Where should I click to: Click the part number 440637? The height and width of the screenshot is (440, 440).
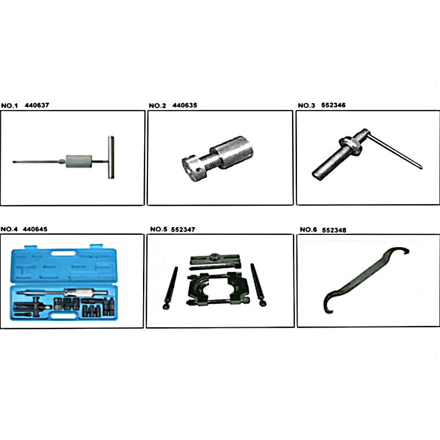point(37,105)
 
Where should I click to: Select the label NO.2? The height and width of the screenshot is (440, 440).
point(157,106)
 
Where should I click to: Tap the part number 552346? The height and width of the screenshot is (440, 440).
point(333,105)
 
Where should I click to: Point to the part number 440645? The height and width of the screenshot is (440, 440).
point(35,229)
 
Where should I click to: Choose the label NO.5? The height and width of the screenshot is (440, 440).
point(158,229)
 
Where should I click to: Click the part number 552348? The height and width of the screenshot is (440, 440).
point(334,230)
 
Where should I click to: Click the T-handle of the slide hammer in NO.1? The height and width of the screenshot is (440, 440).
point(111,157)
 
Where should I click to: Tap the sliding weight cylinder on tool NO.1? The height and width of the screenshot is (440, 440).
point(79,161)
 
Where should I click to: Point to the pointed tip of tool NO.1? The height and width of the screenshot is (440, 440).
point(13,162)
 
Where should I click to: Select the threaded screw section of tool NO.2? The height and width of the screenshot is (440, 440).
point(211,163)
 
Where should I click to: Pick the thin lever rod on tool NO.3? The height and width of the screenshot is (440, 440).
point(394,151)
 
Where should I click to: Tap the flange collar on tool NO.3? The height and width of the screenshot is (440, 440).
point(350,146)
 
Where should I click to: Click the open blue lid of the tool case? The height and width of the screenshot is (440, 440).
point(63,265)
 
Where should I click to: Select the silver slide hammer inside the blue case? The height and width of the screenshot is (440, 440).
point(62,293)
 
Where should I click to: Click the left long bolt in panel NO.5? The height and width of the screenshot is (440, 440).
point(170,288)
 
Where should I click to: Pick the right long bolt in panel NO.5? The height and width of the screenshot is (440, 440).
point(258,285)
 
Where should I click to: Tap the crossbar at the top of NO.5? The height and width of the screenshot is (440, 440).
point(215,258)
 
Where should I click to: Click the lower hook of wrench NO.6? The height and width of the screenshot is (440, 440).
point(327,305)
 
